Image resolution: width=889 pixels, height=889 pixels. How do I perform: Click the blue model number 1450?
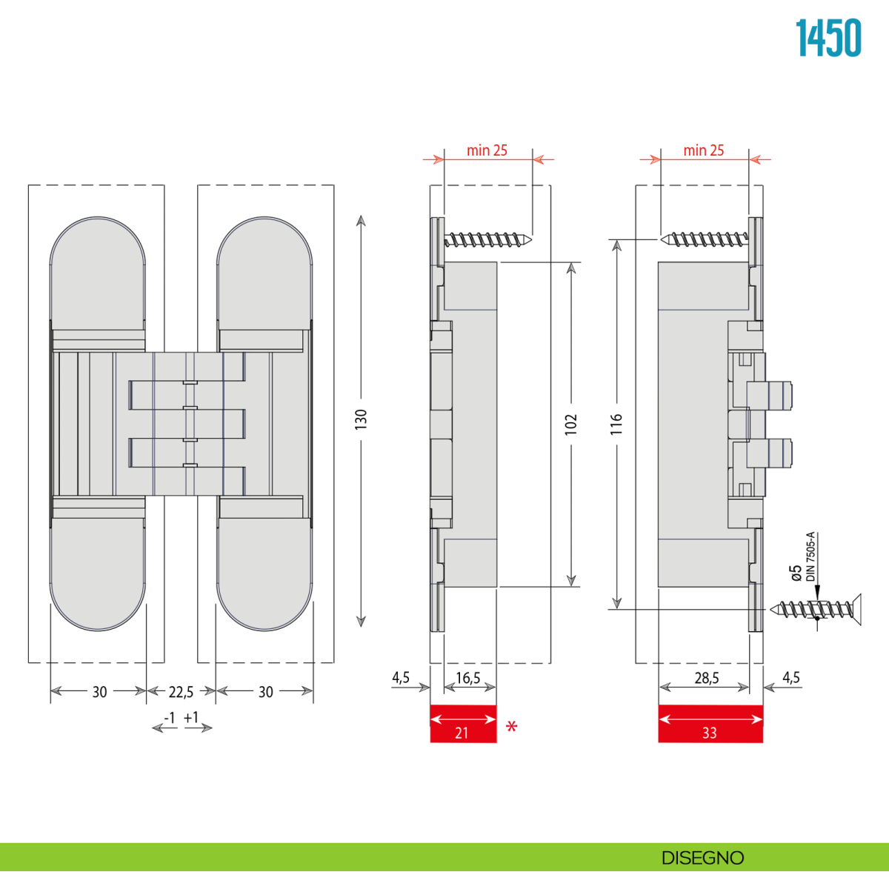point(828,38)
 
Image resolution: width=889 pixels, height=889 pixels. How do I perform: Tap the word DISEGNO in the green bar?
point(702,858)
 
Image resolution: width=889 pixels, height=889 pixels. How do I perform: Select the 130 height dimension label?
point(361,419)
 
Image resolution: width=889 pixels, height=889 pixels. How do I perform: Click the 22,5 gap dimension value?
point(181,692)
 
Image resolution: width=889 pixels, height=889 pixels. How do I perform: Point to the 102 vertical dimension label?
point(571,424)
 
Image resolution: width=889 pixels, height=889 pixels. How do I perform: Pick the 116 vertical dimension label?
point(616,424)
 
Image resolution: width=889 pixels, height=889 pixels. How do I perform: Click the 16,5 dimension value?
point(467,678)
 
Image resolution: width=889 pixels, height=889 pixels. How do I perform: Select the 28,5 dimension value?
point(707,678)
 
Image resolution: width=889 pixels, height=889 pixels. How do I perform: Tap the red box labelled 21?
point(463,724)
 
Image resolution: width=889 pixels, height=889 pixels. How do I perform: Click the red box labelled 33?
point(710,724)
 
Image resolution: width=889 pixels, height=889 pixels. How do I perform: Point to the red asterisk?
point(512,727)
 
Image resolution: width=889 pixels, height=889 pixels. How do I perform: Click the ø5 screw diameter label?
point(796,573)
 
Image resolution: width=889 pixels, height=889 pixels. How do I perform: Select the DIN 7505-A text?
point(810,557)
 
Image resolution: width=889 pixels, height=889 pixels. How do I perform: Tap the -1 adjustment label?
point(170,718)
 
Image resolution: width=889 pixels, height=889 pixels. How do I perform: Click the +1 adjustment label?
point(191,717)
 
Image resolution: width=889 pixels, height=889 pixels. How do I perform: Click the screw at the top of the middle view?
point(488,240)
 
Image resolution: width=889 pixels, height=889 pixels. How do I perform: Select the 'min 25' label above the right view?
point(704,150)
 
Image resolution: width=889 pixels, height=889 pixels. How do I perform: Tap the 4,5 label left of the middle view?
point(401,677)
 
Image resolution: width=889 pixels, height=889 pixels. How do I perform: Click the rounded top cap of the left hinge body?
point(98,273)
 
